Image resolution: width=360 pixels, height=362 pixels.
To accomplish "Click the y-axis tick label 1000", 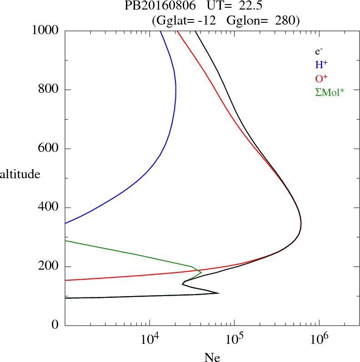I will click(45, 30).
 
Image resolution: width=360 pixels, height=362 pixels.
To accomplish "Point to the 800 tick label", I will click(49, 90).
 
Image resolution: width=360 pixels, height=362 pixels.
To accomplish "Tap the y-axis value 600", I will click(49, 149).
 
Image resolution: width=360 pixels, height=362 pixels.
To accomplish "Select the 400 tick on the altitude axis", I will click(49, 208).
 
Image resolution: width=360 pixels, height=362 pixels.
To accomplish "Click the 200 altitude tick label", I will click(49, 267).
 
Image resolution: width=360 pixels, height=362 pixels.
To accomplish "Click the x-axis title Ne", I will click(212, 357).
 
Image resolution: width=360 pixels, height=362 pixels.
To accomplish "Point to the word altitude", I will click(20, 174).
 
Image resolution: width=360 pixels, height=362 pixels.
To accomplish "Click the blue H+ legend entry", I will click(321, 65).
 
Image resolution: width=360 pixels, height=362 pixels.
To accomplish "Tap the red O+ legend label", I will click(321, 79).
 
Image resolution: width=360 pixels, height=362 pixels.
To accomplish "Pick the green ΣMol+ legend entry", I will click(330, 92).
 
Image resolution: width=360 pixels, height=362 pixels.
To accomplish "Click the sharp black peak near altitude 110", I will click(219, 293).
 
